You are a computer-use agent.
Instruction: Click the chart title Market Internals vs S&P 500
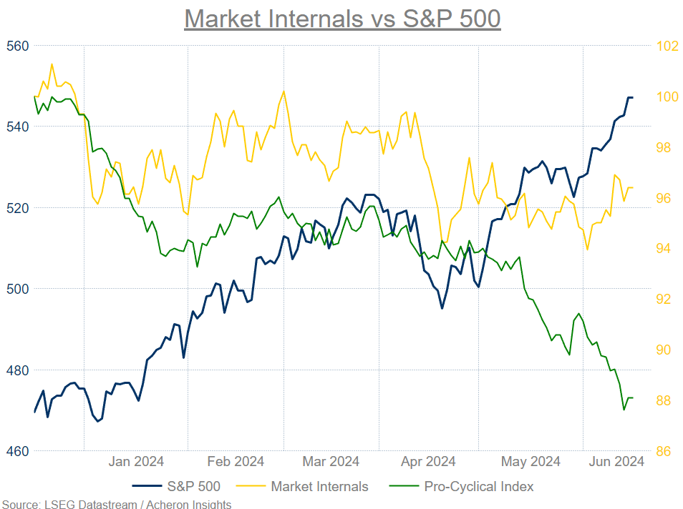341,18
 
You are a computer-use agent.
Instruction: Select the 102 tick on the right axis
667,46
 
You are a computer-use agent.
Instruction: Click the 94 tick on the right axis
664,248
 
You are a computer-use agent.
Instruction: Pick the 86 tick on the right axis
664,451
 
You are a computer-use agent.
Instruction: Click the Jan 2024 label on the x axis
136,462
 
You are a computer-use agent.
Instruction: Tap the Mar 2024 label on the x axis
330,462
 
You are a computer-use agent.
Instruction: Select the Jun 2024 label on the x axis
616,462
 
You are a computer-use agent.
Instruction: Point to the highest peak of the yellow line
52,64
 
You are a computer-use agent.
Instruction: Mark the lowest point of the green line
624,410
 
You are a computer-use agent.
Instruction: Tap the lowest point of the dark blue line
98,421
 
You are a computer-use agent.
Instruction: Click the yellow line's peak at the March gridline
284,91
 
